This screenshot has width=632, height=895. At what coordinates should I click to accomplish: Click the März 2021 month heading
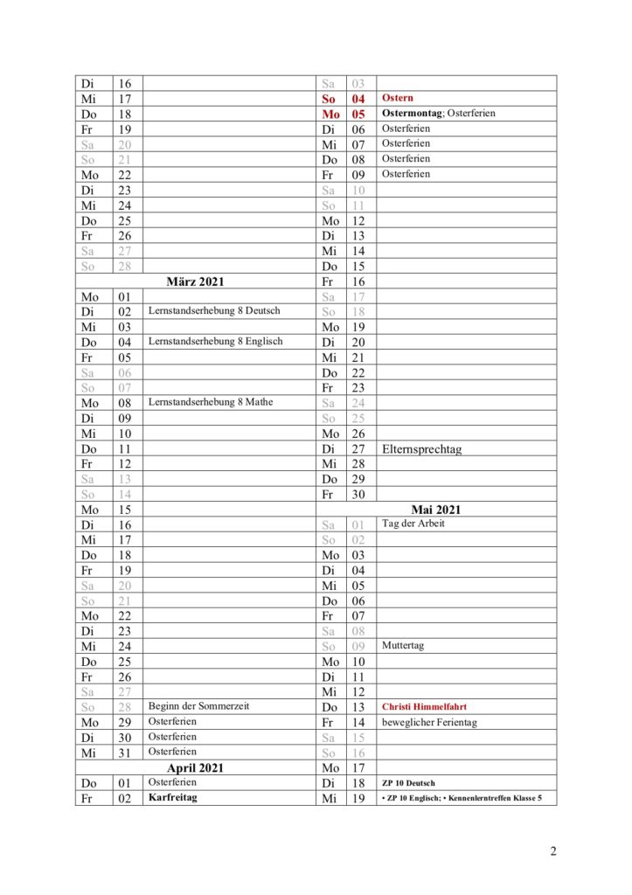[195, 281]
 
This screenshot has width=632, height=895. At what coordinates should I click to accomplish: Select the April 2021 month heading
[195, 767]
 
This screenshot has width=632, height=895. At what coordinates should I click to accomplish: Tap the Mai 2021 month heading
[435, 509]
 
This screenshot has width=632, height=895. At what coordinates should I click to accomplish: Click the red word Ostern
[398, 98]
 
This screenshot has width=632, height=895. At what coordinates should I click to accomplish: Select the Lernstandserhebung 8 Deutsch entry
[213, 310]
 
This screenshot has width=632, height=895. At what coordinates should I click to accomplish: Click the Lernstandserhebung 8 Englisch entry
[215, 341]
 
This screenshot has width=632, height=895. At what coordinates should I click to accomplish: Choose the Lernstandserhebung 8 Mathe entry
[211, 402]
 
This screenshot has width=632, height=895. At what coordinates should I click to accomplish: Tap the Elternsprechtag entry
[421, 449]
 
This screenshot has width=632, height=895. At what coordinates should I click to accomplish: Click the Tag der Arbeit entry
[413, 524]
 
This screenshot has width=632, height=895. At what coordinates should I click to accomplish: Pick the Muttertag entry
[402, 646]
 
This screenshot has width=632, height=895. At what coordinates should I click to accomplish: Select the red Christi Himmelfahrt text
[427, 706]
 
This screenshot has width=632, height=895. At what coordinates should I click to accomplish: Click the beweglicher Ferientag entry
[429, 722]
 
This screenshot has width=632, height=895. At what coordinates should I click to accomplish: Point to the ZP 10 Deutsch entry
[407, 783]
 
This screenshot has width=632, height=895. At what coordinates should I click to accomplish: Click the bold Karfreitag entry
[172, 797]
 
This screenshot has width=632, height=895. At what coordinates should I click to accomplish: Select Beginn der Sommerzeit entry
[199, 705]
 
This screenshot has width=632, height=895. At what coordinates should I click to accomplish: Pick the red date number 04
[358, 99]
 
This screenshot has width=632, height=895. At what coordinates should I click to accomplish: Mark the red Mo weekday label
[330, 114]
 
